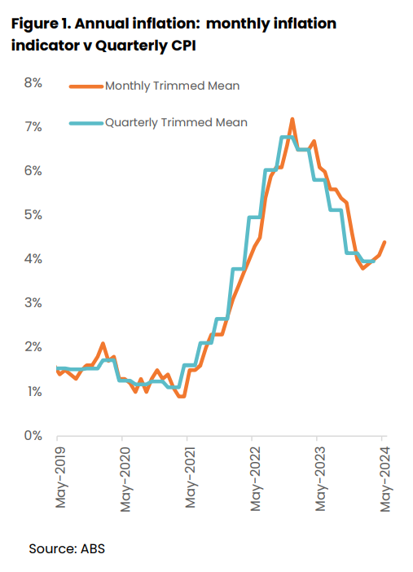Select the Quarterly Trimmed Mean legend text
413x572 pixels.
(x=176, y=122)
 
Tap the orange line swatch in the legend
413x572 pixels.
(x=86, y=86)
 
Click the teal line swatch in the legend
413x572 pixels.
(x=86, y=122)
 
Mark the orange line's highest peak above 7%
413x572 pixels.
(x=292, y=119)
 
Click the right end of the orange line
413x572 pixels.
(x=384, y=242)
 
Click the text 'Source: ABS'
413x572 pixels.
(x=67, y=548)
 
